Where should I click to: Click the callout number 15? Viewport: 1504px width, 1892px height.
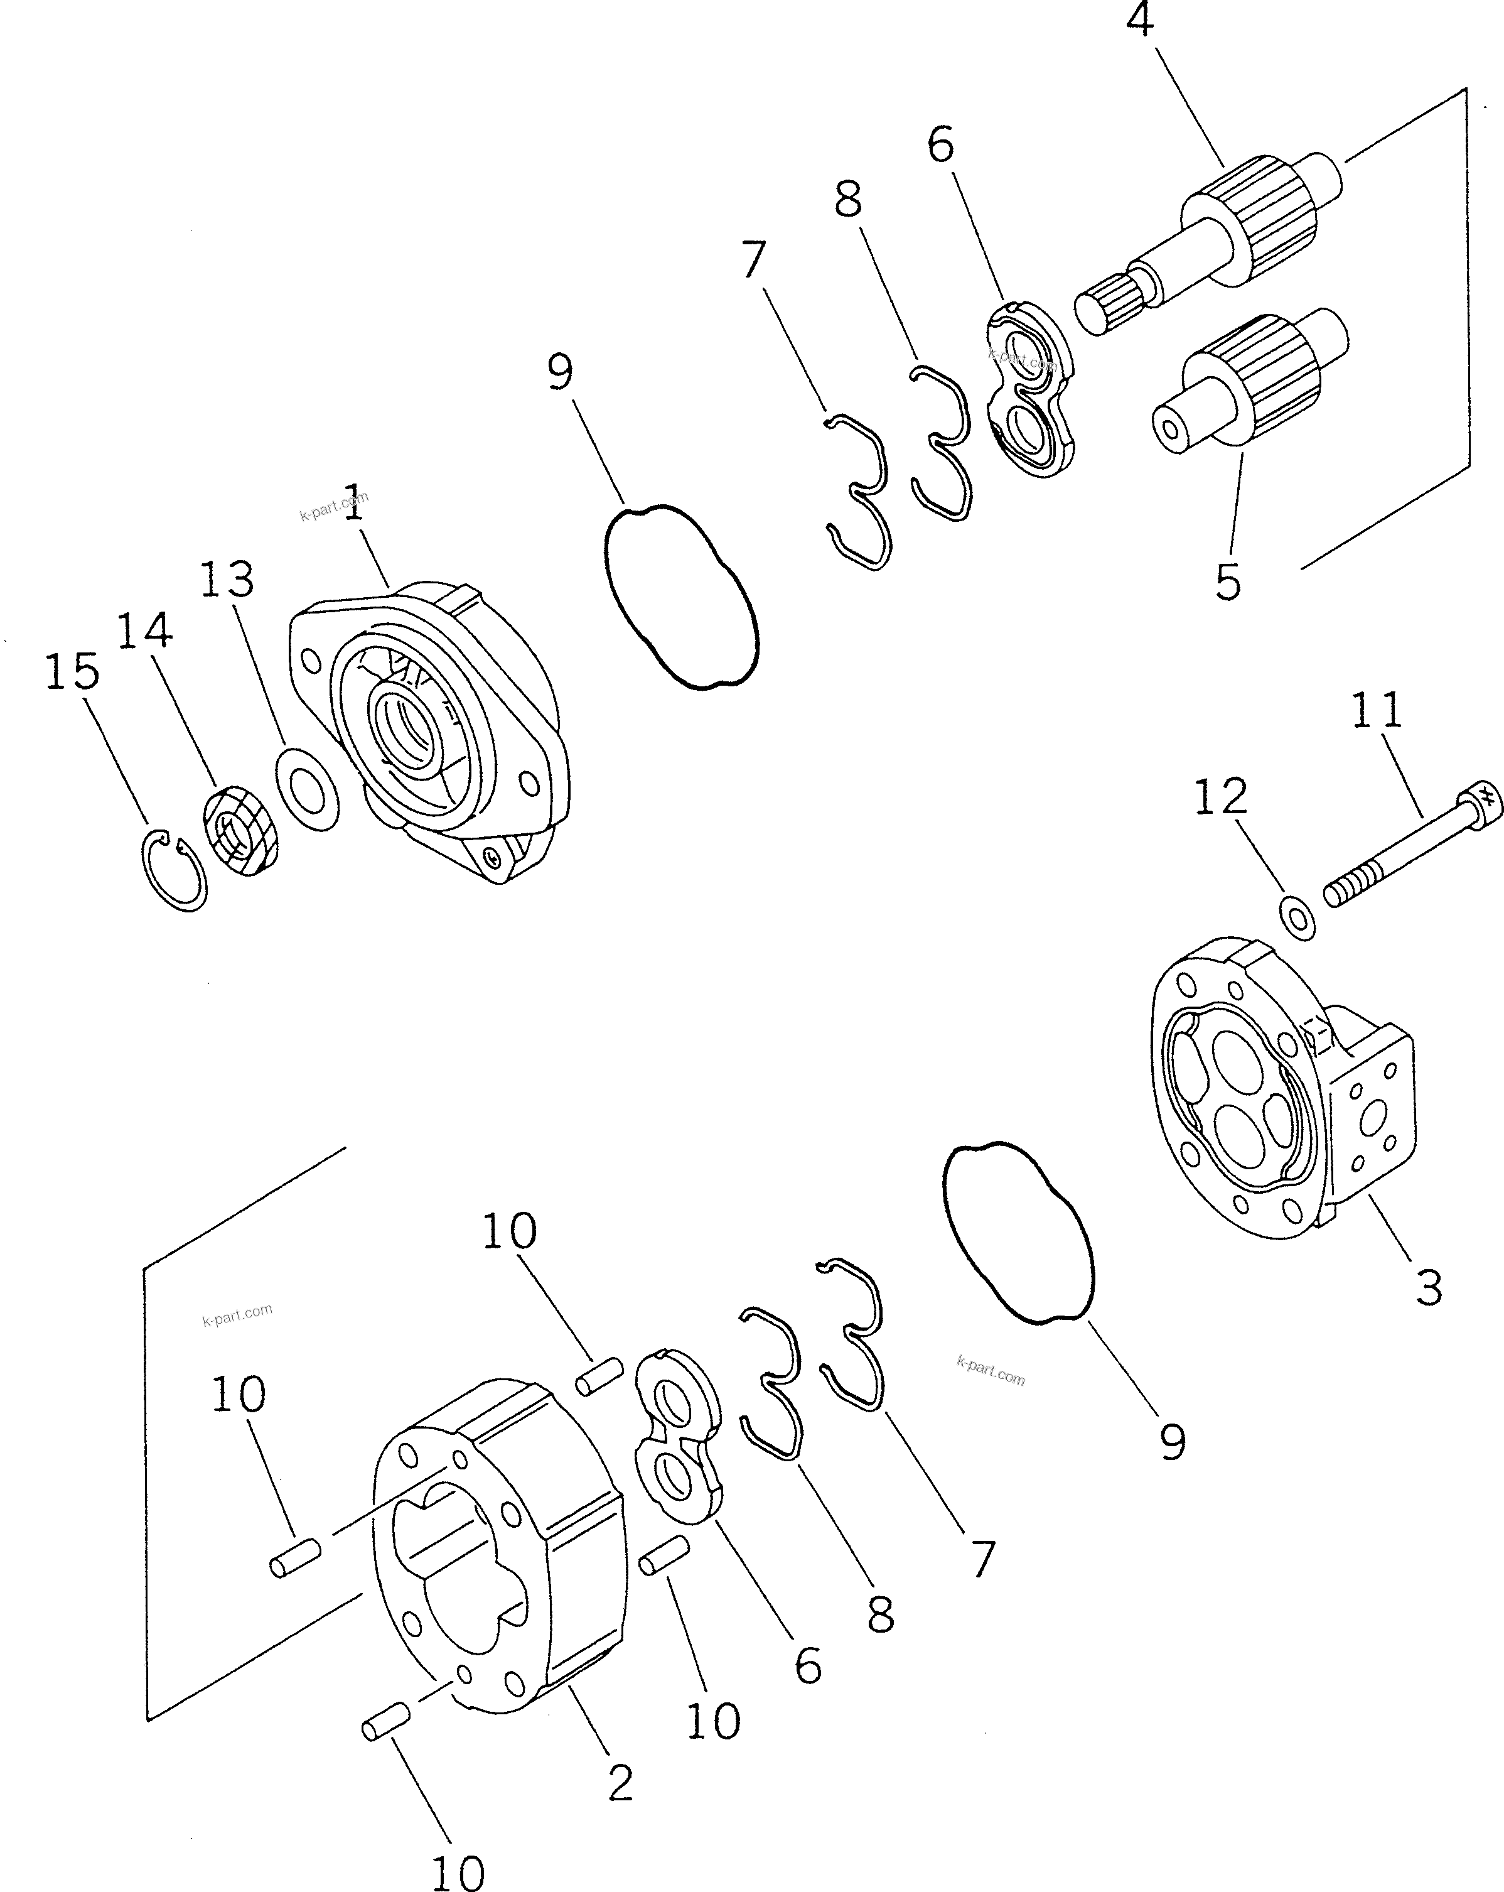[72, 671]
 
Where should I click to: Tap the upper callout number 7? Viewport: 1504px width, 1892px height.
[753, 259]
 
